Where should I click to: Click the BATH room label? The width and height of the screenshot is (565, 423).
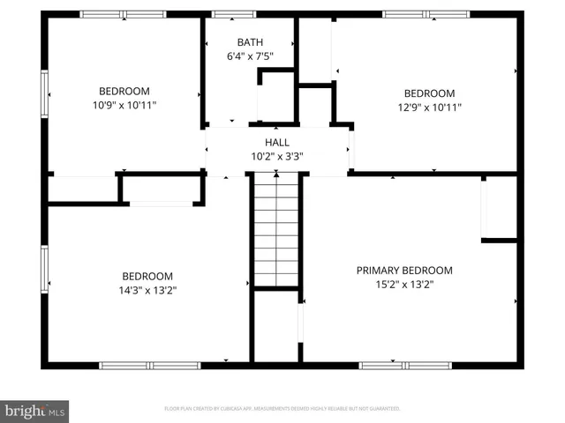point(250,42)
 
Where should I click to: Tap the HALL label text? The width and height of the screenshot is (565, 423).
point(277,143)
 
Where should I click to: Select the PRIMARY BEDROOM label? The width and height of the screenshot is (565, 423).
point(404,271)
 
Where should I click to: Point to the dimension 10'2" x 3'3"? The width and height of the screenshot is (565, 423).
point(277,157)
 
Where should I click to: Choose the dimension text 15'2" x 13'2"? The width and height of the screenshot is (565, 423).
point(404,285)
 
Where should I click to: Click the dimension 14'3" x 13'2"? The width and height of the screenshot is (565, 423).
point(147,290)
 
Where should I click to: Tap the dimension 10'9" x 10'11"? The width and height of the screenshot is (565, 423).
point(124,105)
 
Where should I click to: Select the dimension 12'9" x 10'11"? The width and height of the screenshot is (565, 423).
point(429,108)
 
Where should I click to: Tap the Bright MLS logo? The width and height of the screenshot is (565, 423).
point(35,411)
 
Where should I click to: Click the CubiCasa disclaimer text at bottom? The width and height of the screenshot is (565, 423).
point(282,409)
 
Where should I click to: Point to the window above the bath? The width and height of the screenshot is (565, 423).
point(235,14)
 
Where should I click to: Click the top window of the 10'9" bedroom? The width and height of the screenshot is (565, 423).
point(124,14)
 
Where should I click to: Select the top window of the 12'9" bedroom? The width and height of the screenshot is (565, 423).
point(415,14)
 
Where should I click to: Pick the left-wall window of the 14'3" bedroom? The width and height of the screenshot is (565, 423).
point(44,271)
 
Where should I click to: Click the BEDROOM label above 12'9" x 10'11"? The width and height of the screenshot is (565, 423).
point(429,93)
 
